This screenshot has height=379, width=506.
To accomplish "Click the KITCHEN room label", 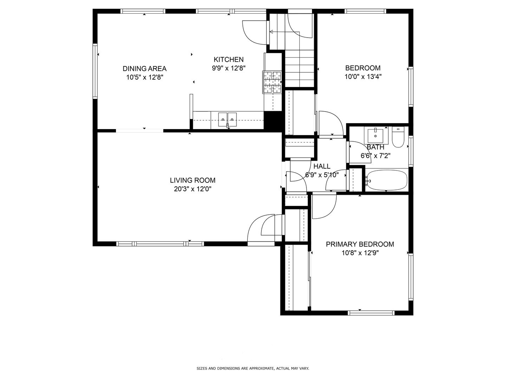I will tap(228, 60).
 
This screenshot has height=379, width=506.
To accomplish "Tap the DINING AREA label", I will tap(144, 69).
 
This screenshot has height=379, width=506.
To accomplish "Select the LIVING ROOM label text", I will tap(193, 180).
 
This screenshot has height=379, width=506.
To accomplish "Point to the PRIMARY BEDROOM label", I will tap(360, 244).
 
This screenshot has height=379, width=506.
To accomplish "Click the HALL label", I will tap(322, 166).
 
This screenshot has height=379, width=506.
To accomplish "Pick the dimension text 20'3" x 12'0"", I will tap(193, 189).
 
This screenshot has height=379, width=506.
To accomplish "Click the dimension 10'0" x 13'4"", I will tap(363, 77).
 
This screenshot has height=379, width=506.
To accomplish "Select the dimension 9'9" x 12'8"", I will tap(228, 68).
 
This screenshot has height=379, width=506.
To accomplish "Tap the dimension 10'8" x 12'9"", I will tap(360, 253).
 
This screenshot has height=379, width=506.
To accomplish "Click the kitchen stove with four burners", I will tap(272, 82).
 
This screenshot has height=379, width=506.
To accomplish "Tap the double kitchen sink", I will tap(227, 119).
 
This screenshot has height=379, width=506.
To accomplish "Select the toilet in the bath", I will tap(398, 137).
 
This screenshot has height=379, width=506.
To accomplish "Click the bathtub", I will tap(387, 180).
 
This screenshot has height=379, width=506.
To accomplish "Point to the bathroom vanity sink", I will tap(376, 134).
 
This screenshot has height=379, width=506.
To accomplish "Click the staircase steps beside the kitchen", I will tap(299, 68).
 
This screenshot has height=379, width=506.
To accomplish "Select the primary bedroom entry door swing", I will tap(324, 206).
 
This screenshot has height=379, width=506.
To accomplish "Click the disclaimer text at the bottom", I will tap(253, 368).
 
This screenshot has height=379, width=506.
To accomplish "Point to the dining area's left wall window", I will tap(95, 71).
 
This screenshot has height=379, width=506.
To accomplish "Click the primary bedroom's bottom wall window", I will tap(371, 313).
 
